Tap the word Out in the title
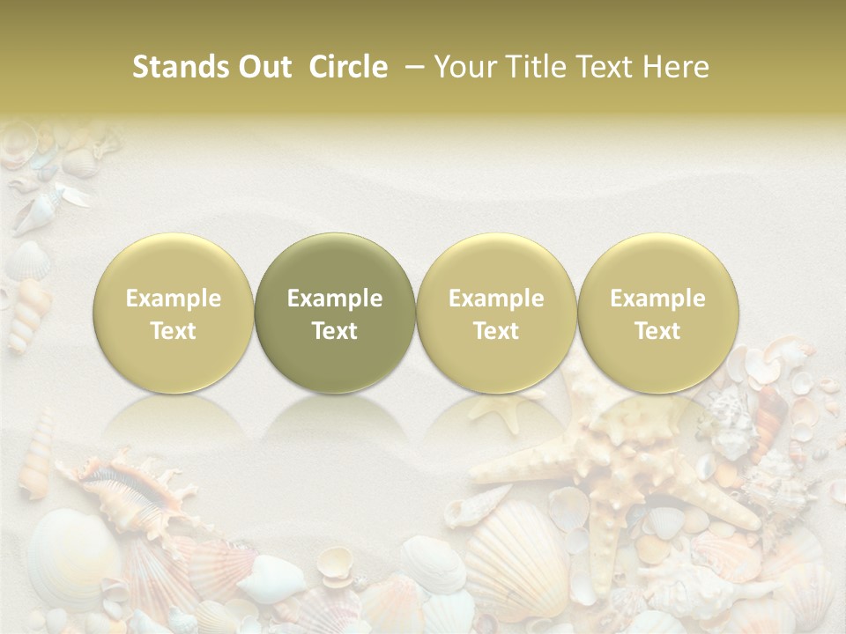click(x=263, y=67)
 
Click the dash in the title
click(x=412, y=67)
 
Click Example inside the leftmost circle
click(x=173, y=299)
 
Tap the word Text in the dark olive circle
click(x=335, y=331)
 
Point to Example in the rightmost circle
click(x=657, y=299)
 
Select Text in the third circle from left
click(x=496, y=331)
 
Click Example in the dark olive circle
click(x=335, y=299)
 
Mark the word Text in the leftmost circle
click(x=173, y=331)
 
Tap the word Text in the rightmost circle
click(x=657, y=331)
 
